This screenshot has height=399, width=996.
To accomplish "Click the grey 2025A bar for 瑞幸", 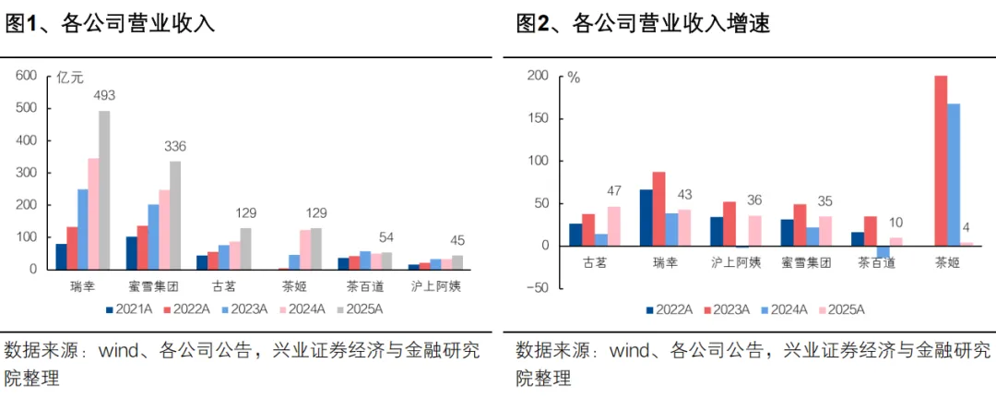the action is point(104,190).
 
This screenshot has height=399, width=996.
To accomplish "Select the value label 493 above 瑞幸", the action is point(104,96).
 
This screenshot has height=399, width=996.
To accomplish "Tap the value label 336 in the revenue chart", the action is point(174,146).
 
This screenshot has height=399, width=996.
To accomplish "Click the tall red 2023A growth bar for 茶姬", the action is point(941,161).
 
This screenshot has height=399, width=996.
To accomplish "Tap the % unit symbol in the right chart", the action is point(574,79).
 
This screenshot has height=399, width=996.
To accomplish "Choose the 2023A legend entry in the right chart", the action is point(726,310).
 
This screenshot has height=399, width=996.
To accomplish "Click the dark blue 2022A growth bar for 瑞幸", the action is point(646,218).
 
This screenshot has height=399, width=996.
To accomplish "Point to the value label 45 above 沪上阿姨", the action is point(457,241).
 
